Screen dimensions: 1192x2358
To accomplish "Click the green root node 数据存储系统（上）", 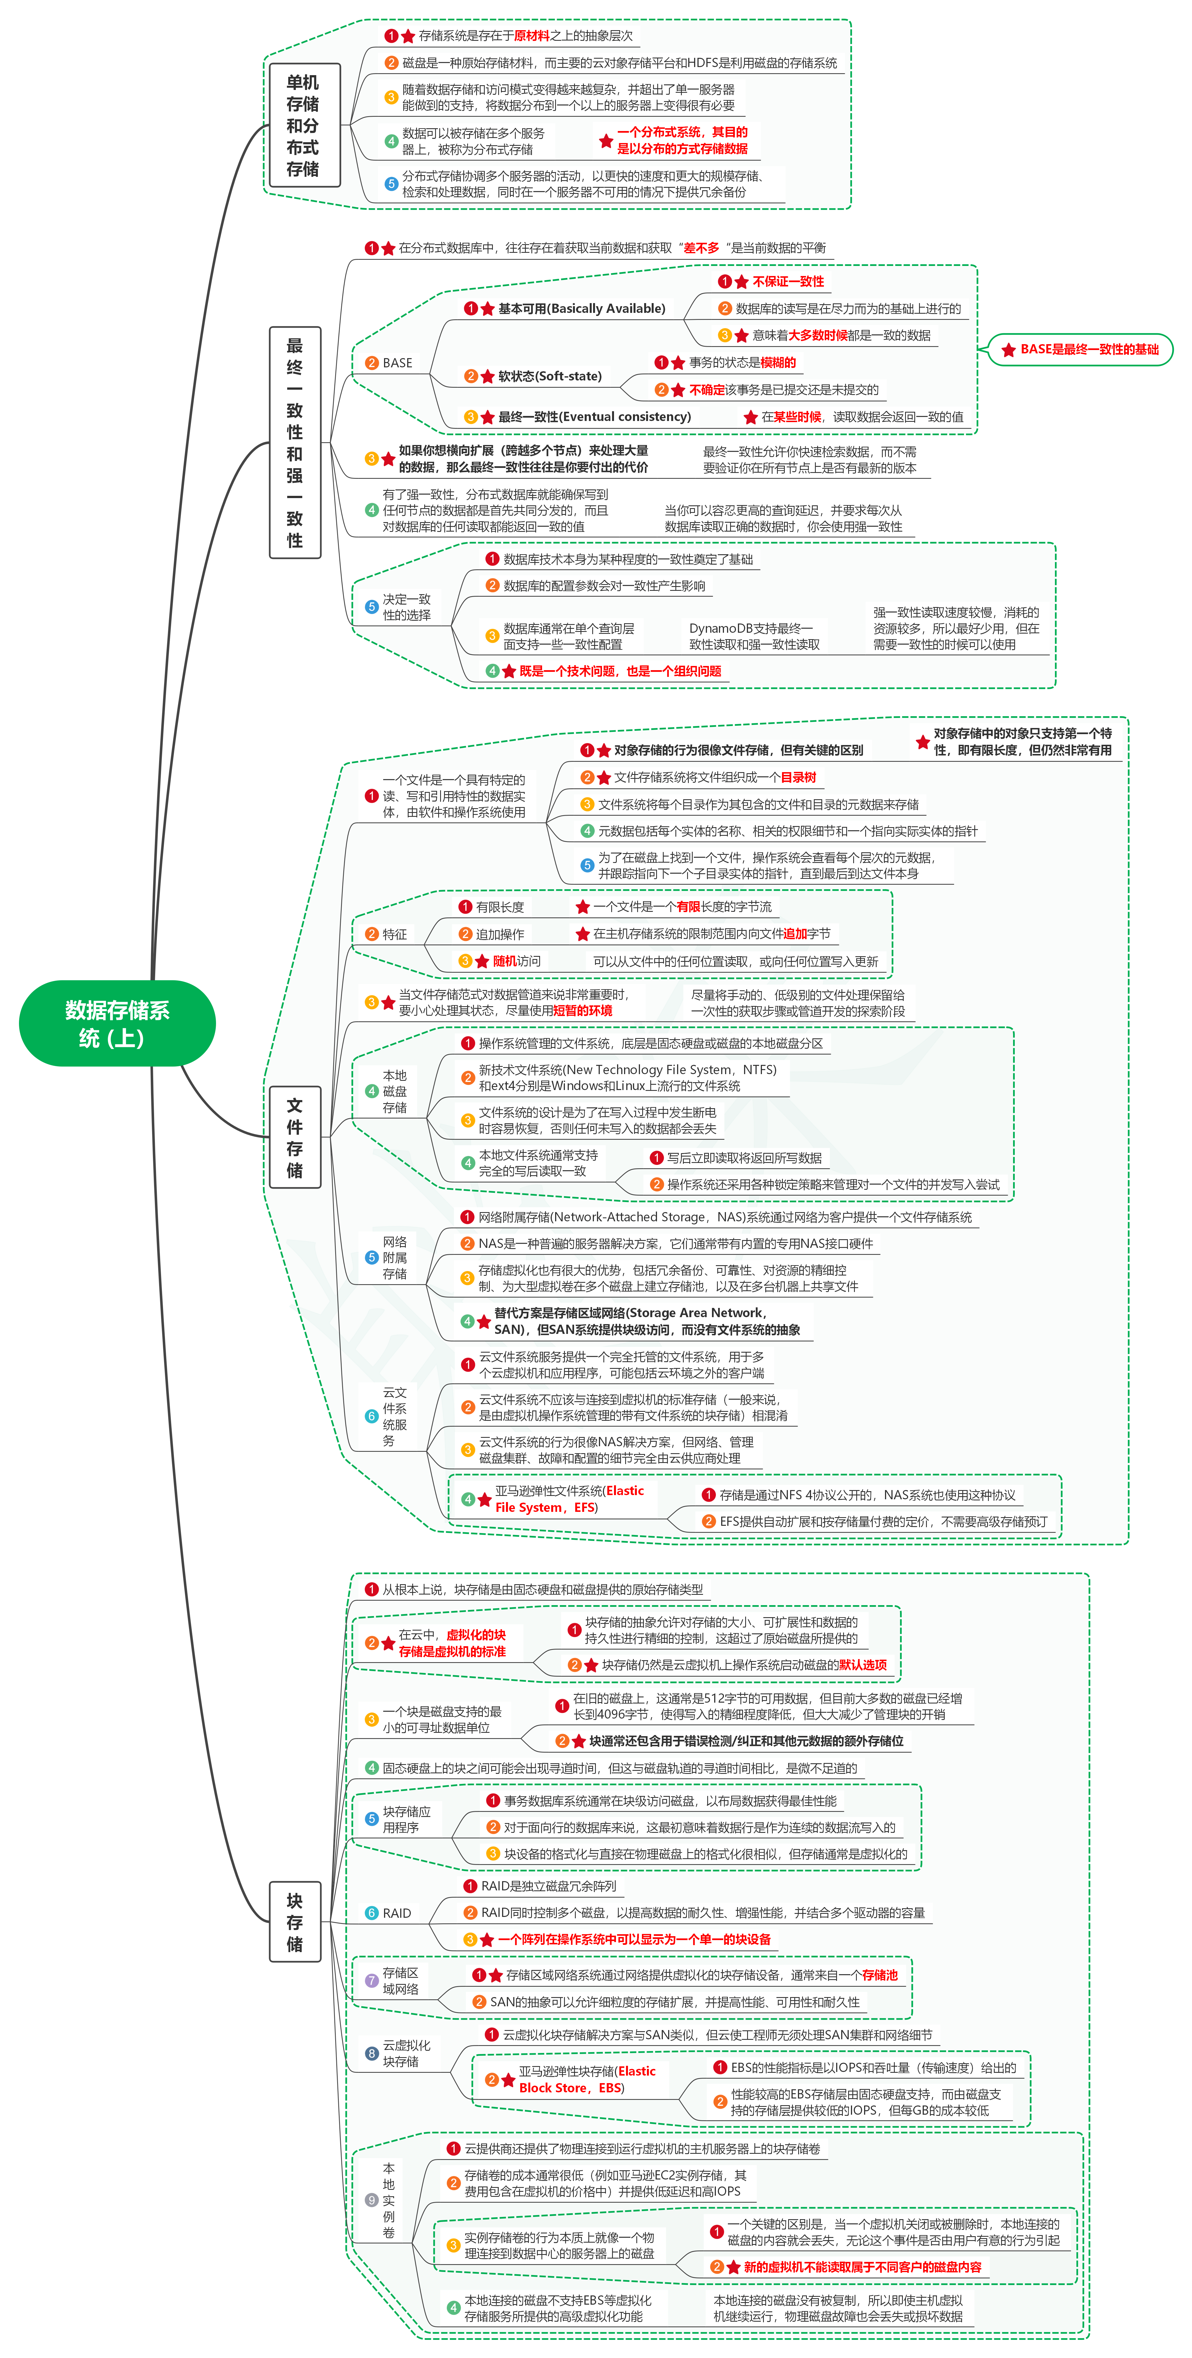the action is coord(117,1023).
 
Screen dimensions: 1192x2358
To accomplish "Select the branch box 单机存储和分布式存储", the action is coord(303,125).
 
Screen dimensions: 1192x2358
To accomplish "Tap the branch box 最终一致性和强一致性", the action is coord(294,442).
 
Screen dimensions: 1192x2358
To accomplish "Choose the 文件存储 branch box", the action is coord(294,1137).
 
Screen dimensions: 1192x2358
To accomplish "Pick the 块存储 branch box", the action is coord(294,1922).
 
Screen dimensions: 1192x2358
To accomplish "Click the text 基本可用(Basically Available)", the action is coord(582,308).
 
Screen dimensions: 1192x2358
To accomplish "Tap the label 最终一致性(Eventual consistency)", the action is coord(595,417).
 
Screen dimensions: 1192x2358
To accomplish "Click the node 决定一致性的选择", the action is coord(406,607).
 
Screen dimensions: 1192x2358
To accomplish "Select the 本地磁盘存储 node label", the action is coord(394,1091).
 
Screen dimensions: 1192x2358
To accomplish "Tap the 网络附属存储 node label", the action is coord(394,1258).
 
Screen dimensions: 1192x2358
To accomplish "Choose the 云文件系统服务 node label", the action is coord(394,1416).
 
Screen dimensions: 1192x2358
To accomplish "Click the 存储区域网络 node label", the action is coord(400,1981).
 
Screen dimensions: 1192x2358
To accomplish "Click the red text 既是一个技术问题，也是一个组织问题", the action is coord(620,671).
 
